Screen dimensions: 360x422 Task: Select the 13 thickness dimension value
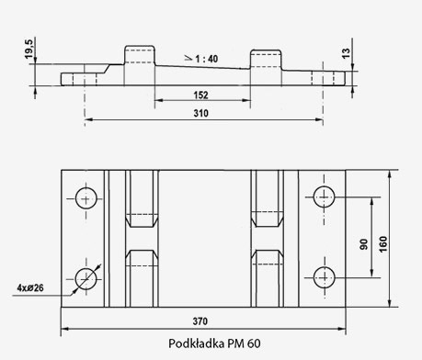click(347, 54)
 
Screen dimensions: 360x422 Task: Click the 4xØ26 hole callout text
click(30, 287)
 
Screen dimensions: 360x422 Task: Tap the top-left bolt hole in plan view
click(87, 197)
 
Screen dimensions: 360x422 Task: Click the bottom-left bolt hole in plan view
click(87, 277)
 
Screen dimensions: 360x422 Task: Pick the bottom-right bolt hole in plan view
click(324, 277)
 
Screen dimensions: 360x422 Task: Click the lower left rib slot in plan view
click(140, 280)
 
